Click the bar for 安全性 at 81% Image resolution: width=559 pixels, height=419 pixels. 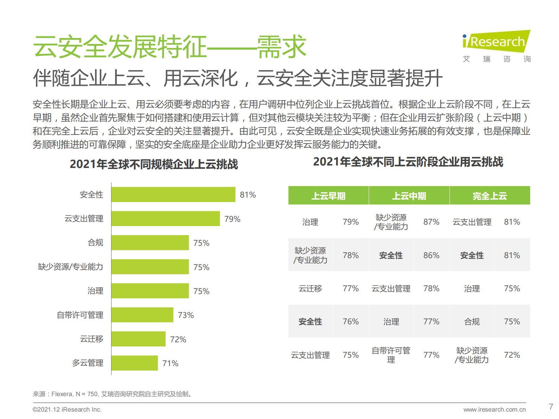tap(173, 194)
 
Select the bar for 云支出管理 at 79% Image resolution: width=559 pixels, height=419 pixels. tap(166, 219)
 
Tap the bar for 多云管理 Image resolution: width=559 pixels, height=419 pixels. tap(135, 363)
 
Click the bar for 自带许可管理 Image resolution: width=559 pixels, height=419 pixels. tap(142, 315)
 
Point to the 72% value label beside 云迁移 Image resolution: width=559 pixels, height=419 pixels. tap(178, 339)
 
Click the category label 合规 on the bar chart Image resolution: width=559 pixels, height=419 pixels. tap(95, 243)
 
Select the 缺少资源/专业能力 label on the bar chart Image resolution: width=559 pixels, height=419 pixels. tap(70, 267)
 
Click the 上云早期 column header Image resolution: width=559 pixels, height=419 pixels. tap(328, 196)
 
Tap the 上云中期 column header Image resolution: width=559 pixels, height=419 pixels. tap(409, 196)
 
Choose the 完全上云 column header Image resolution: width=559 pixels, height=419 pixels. tap(490, 196)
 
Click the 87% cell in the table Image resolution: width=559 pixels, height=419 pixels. tap(431, 222)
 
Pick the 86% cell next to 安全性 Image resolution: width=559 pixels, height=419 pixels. tap(431, 255)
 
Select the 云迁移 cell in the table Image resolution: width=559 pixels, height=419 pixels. tap(310, 289)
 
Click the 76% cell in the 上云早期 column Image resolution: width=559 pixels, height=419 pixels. tap(350, 321)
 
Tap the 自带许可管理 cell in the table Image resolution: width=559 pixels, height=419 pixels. tap(391, 355)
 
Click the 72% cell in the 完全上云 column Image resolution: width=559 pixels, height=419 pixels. tap(512, 355)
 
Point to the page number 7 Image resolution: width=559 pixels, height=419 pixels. tap(551, 407)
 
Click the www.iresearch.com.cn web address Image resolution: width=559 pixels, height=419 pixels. tap(494, 409)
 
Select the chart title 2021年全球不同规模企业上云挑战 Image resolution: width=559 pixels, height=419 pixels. tap(154, 164)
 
